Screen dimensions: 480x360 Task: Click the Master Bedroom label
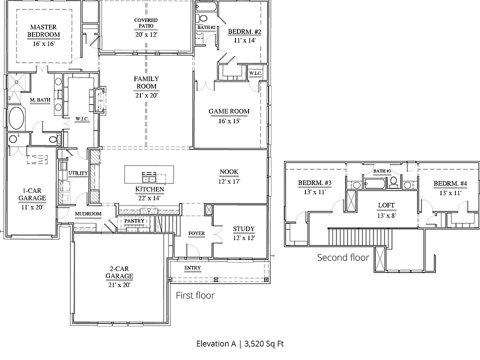pyautogui.click(x=43, y=31)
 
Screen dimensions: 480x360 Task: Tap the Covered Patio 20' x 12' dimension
pyautogui.click(x=146, y=34)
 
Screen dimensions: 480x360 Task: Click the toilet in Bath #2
pyautogui.click(x=201, y=18)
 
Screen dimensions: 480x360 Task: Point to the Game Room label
pyautogui.click(x=229, y=111)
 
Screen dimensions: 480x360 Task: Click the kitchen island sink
pyautogui.click(x=149, y=178)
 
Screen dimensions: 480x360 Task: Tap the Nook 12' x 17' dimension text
pyautogui.click(x=229, y=181)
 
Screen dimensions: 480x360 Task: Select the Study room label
pyautogui.click(x=243, y=228)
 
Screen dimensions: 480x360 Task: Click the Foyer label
pyautogui.click(x=196, y=233)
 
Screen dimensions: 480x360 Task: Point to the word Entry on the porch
pyautogui.click(x=192, y=268)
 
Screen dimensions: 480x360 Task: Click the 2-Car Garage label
pyautogui.click(x=119, y=272)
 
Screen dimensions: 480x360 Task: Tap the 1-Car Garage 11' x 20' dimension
pyautogui.click(x=32, y=207)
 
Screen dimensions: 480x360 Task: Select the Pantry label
pyautogui.click(x=134, y=220)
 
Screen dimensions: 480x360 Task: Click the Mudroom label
pyautogui.click(x=88, y=213)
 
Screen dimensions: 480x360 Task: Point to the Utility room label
pyautogui.click(x=78, y=173)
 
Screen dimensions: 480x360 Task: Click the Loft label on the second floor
pyautogui.click(x=386, y=205)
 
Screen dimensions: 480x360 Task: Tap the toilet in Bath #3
pyautogui.click(x=394, y=182)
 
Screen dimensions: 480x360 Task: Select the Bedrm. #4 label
pyautogui.click(x=450, y=183)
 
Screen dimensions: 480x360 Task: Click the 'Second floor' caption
pyautogui.click(x=343, y=257)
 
